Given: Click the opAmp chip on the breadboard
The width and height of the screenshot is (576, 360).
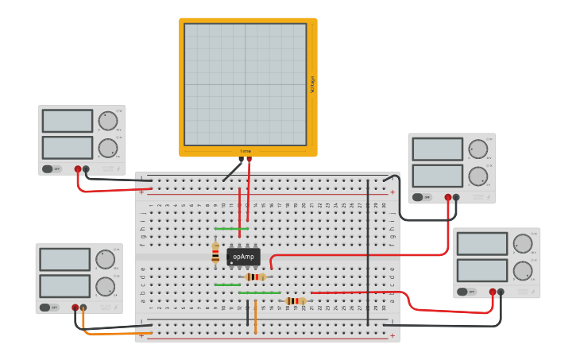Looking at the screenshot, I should (x=243, y=257).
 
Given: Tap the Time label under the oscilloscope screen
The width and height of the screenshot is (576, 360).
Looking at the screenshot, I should (x=245, y=151).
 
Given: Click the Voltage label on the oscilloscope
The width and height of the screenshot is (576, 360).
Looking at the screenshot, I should (x=312, y=84).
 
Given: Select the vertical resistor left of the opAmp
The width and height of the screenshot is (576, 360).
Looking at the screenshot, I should (x=215, y=253).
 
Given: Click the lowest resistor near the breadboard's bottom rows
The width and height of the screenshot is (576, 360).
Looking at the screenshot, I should (x=296, y=301).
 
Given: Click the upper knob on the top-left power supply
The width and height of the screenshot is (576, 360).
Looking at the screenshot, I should (x=107, y=121).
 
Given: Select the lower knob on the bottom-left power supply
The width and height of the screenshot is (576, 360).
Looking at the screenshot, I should (x=105, y=286).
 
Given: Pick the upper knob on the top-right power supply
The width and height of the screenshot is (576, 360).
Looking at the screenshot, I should (x=477, y=149).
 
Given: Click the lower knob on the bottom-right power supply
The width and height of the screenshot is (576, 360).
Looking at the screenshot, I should (x=522, y=270).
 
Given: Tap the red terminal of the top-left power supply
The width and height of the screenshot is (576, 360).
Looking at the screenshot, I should (x=78, y=168).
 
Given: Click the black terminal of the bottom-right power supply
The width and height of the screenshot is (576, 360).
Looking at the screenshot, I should (x=501, y=292).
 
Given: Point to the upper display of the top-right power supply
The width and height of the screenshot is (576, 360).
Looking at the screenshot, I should (x=437, y=149).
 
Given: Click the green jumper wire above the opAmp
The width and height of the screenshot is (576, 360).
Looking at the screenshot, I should (x=231, y=229).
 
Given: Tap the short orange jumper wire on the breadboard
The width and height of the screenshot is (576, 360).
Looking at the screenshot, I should (x=255, y=317).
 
